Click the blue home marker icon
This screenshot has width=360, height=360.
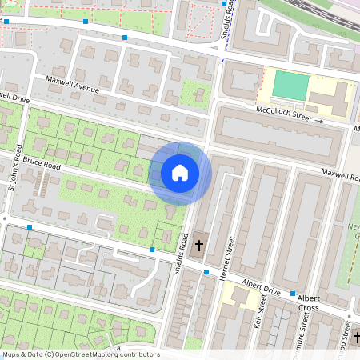[x=180, y=173]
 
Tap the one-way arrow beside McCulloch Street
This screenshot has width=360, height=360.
[x=320, y=121]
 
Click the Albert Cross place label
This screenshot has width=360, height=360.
[x=308, y=302]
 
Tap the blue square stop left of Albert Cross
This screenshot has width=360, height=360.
[x=294, y=294]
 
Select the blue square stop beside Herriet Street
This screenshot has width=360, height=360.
[x=206, y=272]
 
